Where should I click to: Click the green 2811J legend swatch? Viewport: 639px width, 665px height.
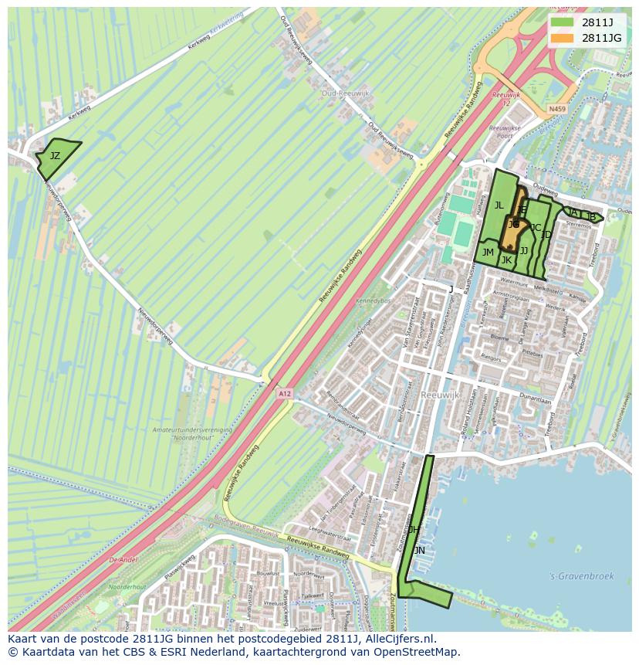(x=561, y=22)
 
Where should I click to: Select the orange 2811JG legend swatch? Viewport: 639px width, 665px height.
(x=561, y=37)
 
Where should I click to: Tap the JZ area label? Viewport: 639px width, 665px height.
(x=55, y=156)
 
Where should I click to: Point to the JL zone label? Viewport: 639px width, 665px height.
(x=499, y=205)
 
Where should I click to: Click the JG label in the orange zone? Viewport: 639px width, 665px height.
(x=513, y=225)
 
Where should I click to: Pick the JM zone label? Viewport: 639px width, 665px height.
(x=488, y=253)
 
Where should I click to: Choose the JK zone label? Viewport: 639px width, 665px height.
(x=506, y=260)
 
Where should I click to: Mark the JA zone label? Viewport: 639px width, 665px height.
(x=573, y=212)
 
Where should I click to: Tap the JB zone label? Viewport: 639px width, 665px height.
(x=590, y=217)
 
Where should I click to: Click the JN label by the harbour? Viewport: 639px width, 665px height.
(x=419, y=551)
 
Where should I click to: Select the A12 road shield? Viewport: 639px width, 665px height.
(x=285, y=394)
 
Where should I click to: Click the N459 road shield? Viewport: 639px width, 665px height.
(x=557, y=110)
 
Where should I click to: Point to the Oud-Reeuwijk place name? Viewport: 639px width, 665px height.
(x=345, y=93)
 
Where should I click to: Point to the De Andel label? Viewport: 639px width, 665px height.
(x=123, y=560)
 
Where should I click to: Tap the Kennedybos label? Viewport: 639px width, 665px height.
(x=374, y=299)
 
